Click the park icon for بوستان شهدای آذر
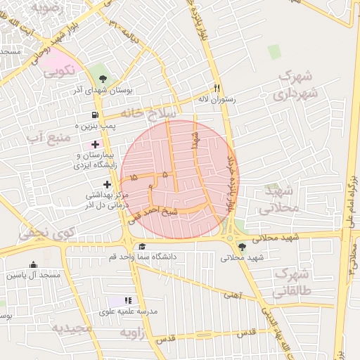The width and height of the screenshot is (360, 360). tap(103, 79)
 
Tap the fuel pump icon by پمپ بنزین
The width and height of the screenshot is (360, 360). tap(94, 115)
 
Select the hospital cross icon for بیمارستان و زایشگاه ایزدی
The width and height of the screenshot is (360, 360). tap(96, 143)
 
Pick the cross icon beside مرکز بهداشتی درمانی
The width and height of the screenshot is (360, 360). tap(107, 184)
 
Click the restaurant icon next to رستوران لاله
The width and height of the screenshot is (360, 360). tap(217, 89)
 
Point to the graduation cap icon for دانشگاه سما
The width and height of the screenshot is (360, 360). tap(143, 246)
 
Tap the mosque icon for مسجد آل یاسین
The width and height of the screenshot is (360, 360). tap(33, 265)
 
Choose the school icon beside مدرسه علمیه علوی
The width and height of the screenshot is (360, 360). tap(128, 300)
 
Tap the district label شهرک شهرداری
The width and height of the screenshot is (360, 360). tap(297, 84)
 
